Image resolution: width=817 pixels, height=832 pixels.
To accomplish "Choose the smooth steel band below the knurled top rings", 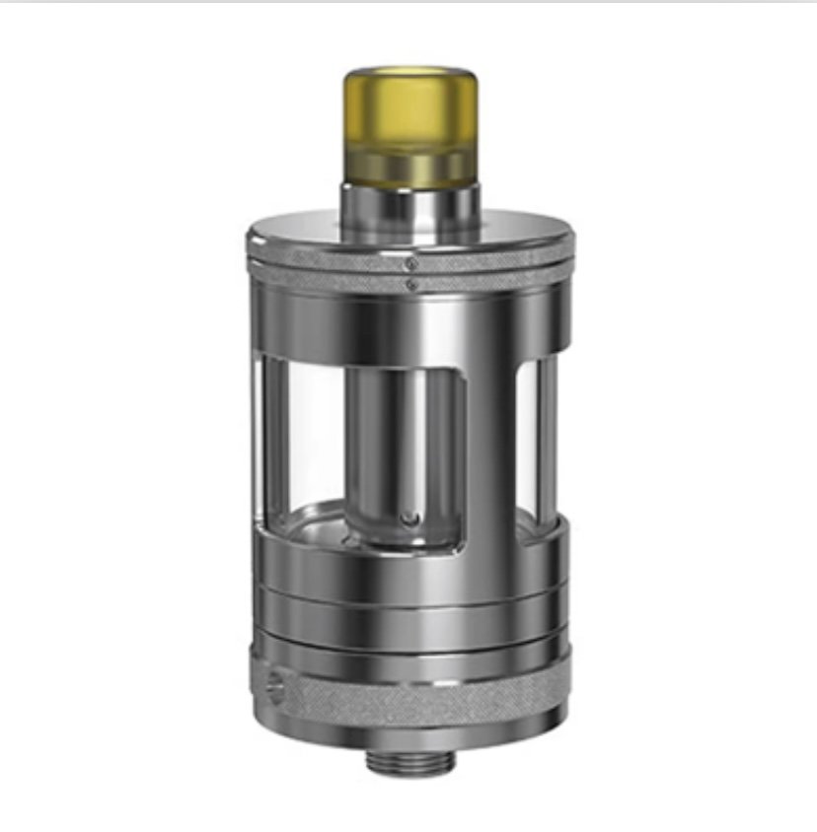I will click(x=409, y=320).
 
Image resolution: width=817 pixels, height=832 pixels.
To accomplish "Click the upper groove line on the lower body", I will click(x=409, y=591).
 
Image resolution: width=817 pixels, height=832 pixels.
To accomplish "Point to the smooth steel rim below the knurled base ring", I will click(x=409, y=729).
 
